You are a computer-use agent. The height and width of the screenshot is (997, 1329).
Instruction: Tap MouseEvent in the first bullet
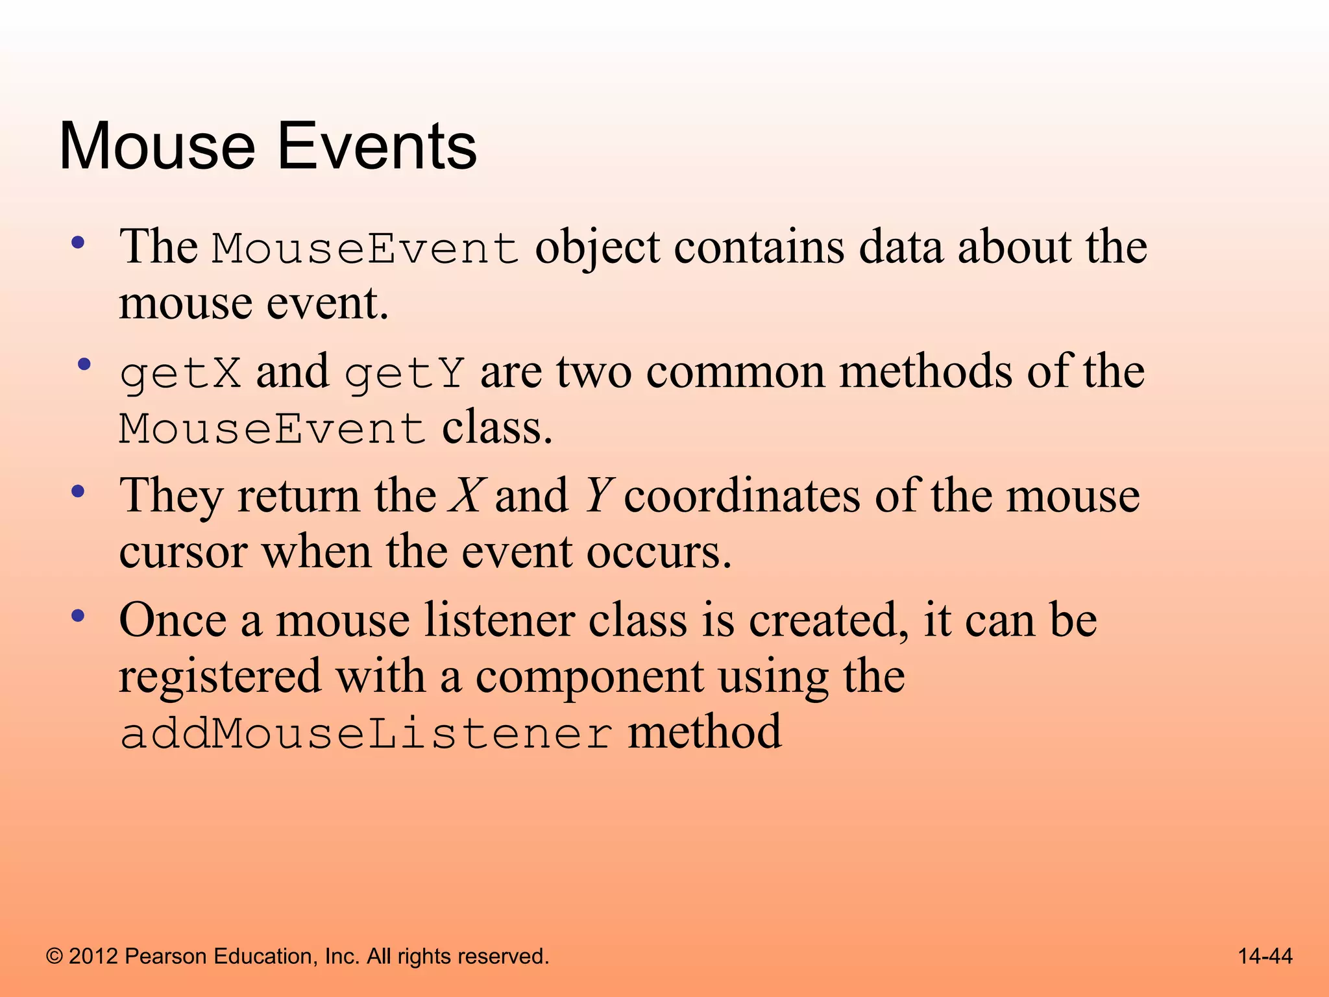(365, 249)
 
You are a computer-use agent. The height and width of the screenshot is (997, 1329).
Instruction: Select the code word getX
(180, 374)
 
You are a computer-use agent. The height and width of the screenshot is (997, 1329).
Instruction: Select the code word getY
(404, 374)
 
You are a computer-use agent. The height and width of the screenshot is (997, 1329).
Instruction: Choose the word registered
(220, 678)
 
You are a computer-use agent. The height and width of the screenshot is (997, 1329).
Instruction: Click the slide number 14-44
(1265, 956)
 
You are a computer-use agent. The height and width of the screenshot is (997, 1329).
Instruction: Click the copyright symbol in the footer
(55, 957)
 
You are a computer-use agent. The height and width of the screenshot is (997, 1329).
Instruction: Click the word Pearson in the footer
(165, 956)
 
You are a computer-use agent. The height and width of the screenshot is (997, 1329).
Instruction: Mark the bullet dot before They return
(78, 491)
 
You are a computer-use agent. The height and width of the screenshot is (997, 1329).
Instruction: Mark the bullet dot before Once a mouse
(78, 616)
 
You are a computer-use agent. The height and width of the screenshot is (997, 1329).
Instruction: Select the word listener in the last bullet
(499, 621)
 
